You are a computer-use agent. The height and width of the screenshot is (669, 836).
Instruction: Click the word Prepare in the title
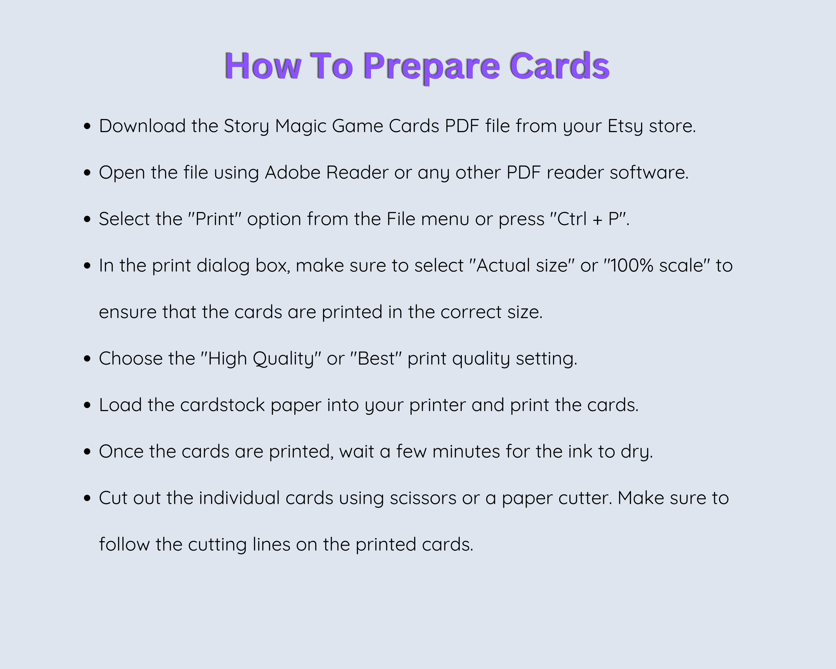[431, 67]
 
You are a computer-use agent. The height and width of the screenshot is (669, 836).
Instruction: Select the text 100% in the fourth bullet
[632, 266]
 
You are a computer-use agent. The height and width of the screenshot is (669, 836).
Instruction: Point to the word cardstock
[222, 405]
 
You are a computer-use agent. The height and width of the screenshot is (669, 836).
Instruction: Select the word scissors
[423, 498]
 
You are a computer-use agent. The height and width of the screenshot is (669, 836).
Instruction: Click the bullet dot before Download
[87, 126]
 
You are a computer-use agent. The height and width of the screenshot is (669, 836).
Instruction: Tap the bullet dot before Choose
[87, 359]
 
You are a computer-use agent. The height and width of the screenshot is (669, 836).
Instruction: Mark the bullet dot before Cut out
[87, 498]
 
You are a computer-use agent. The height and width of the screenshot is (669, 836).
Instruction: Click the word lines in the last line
[271, 545]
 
